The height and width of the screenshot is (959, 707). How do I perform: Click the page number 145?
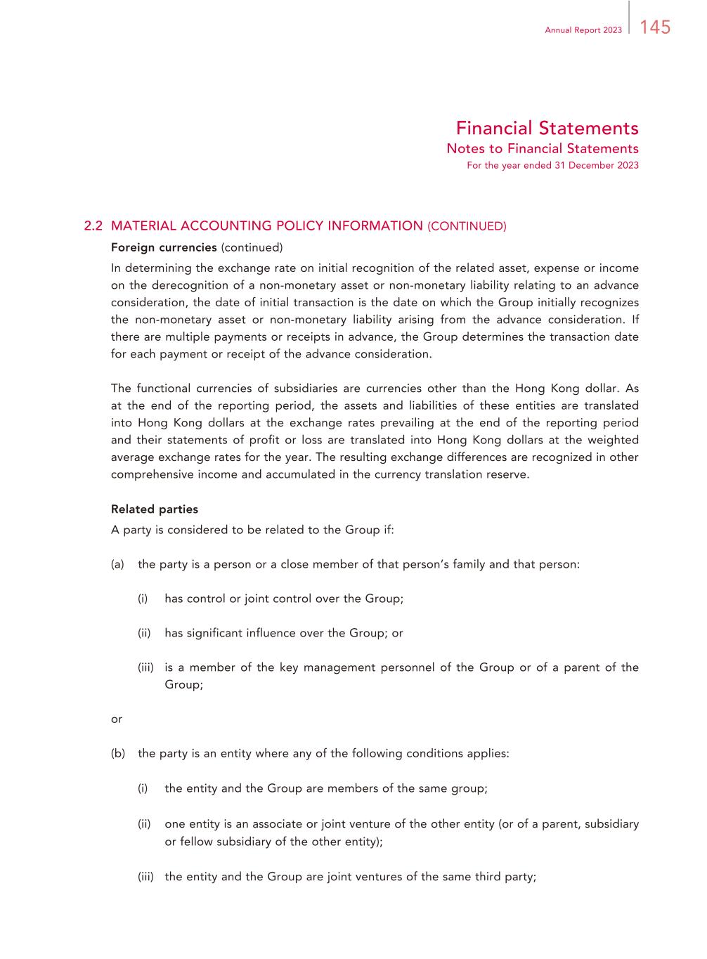click(x=655, y=27)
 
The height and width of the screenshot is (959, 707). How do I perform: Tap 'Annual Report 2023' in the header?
click(x=583, y=30)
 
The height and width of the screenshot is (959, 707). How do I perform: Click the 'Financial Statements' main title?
click(x=547, y=128)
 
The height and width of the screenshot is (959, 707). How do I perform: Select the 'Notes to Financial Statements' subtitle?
click(x=543, y=148)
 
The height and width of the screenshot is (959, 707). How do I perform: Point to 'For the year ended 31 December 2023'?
click(x=552, y=165)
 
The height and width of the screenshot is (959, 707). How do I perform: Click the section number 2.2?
click(x=93, y=226)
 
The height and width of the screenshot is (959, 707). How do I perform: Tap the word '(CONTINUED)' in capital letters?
click(x=467, y=226)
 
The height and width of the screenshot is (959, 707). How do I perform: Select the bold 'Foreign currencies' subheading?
click(x=164, y=247)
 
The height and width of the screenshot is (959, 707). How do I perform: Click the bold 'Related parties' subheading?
click(x=155, y=509)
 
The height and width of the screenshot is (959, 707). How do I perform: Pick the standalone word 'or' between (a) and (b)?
click(x=117, y=719)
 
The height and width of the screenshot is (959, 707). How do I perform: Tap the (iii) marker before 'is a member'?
click(x=145, y=667)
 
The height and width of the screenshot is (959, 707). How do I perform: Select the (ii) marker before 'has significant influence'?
click(x=144, y=633)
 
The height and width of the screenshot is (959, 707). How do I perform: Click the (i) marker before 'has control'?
click(x=143, y=599)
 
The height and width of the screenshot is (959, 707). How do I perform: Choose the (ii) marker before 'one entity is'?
click(x=144, y=823)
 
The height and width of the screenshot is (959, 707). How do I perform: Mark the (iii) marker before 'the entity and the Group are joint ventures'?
click(x=145, y=877)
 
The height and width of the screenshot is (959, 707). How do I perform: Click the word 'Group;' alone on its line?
click(x=183, y=684)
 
